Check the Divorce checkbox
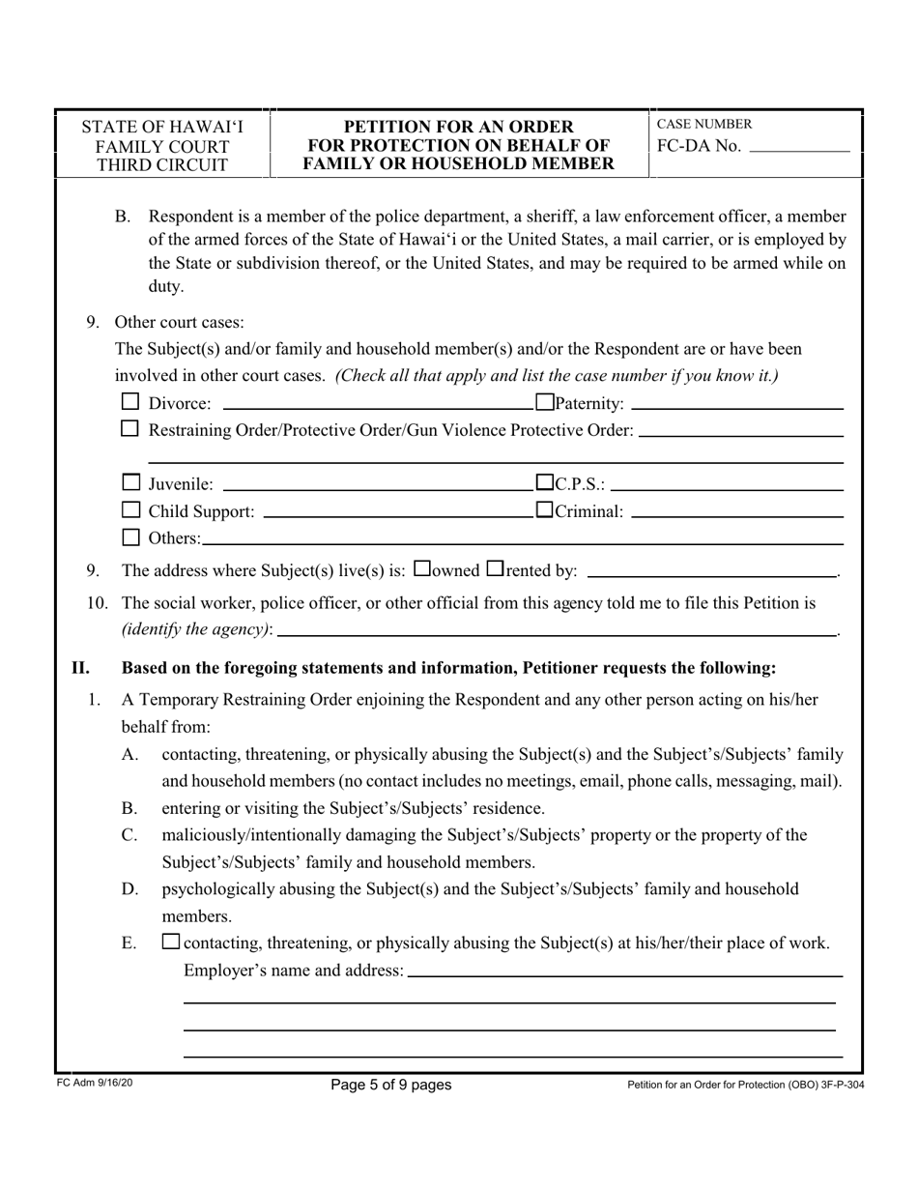[x=130, y=402]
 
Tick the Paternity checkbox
[x=544, y=402]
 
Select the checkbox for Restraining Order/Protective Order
[x=130, y=429]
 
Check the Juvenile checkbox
[x=130, y=482]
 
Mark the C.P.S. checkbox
[x=544, y=482]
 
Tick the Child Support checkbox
[x=130, y=509]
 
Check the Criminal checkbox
[x=544, y=509]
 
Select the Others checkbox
[x=130, y=536]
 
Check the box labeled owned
[x=421, y=569]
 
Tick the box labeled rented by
[x=495, y=569]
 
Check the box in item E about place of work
[x=171, y=942]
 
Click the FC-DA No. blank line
[x=799, y=150]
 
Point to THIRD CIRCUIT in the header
[x=162, y=164]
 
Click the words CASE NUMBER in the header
[x=704, y=124]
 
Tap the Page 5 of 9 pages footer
[x=390, y=1085]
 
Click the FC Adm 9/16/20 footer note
[x=95, y=1084]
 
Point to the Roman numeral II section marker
[x=80, y=667]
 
